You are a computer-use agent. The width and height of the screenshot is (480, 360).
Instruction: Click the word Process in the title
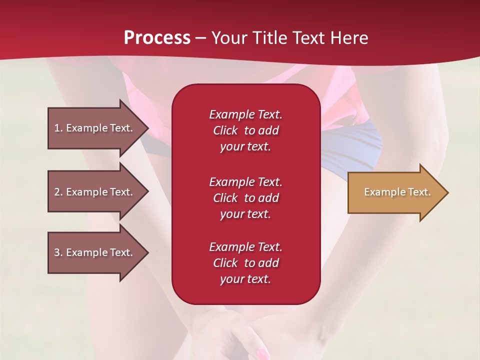(x=157, y=38)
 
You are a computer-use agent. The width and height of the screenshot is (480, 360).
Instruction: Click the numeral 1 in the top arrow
(x=57, y=128)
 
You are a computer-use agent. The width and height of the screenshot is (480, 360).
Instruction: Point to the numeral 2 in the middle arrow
(x=57, y=192)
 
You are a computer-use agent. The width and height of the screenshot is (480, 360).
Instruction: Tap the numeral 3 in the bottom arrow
(x=57, y=252)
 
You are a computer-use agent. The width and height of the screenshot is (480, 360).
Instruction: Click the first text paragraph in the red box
(x=245, y=130)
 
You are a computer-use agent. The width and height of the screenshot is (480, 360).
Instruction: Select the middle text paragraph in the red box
(x=245, y=198)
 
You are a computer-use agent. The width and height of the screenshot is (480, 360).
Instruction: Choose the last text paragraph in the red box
(x=245, y=263)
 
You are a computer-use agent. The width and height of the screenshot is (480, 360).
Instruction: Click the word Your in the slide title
(x=229, y=38)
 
